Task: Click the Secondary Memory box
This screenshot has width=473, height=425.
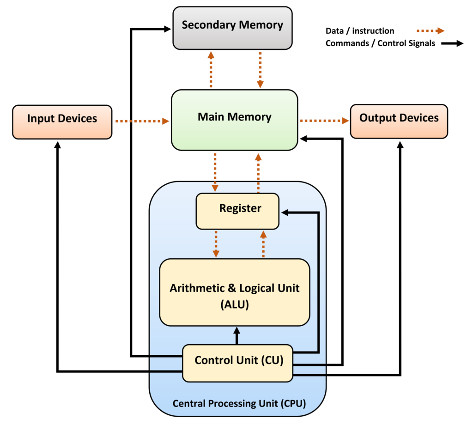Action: point(232,28)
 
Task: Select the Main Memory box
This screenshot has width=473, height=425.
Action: point(234,120)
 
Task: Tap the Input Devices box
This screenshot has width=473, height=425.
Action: point(62,122)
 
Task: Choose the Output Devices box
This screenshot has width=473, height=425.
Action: point(399,121)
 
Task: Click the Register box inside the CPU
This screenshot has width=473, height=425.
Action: point(237,211)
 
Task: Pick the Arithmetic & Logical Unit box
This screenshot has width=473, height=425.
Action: point(234,292)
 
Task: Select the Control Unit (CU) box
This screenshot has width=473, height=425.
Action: point(238,363)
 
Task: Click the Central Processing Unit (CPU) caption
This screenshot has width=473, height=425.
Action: point(239,403)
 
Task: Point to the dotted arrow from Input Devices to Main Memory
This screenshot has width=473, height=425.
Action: point(142,121)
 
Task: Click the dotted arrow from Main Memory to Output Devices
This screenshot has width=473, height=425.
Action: point(324,121)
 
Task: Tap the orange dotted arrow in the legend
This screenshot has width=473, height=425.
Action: point(431,31)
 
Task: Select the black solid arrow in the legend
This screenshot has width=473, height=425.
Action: point(452,43)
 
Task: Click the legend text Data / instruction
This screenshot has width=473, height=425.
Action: point(360,31)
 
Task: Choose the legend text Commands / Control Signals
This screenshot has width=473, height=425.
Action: point(381,43)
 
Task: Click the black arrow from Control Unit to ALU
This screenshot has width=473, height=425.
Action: point(237,336)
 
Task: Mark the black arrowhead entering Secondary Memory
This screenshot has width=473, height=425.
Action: point(167,29)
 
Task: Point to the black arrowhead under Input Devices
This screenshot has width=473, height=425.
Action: point(57,145)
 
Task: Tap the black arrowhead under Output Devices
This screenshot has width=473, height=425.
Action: point(400,145)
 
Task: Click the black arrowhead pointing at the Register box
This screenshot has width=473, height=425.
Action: point(285,212)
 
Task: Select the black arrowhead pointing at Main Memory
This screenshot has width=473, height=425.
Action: point(304,139)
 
